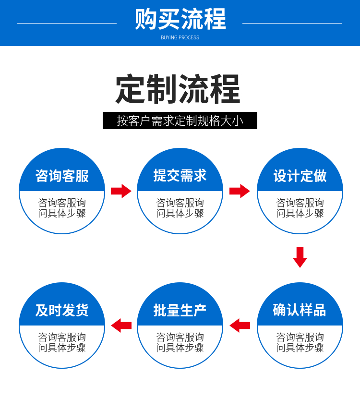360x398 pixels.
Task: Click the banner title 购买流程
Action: tap(180, 20)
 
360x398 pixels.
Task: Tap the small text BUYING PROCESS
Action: tap(180, 37)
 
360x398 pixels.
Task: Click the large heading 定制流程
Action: tap(178, 89)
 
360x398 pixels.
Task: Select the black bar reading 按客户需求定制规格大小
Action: tap(180, 121)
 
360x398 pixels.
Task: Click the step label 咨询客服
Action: tap(62, 176)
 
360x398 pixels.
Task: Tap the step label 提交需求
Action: tap(180, 176)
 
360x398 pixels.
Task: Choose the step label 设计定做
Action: tap(300, 176)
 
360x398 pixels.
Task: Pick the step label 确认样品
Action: tap(300, 310)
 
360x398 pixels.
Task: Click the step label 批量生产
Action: tap(180, 310)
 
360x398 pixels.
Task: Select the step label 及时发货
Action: tap(62, 310)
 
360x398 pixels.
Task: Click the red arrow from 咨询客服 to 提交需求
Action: tap(121, 191)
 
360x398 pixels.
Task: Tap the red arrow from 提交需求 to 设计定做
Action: tap(240, 191)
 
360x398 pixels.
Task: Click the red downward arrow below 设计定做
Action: tap(300, 257)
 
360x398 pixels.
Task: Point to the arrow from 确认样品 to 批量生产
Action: tap(240, 326)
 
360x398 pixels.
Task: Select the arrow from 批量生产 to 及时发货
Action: tap(121, 326)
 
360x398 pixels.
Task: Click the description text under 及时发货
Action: tap(62, 342)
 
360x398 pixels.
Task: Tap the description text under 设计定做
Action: tap(300, 208)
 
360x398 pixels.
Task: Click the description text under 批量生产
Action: tap(180, 342)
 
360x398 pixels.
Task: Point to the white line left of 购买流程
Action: tap(67, 23)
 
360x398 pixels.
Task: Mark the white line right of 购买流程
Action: tap(292, 23)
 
